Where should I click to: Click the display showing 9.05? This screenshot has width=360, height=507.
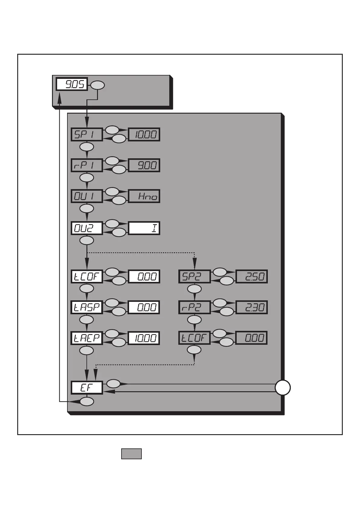coord(72,84)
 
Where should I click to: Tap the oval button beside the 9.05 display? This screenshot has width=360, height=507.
coord(98,86)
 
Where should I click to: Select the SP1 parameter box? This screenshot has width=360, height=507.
coord(87,134)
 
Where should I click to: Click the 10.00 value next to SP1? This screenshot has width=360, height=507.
coord(144,134)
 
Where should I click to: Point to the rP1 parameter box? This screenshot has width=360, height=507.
coord(87,165)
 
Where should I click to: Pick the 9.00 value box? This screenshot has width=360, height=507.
coord(144,165)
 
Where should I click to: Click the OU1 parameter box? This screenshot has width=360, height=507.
coord(87,196)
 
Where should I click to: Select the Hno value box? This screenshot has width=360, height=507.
coord(144,196)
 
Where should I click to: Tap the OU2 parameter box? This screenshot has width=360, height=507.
coord(87,228)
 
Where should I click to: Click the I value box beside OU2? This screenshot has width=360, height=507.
coord(144,228)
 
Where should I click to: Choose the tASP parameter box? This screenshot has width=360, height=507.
coord(87,307)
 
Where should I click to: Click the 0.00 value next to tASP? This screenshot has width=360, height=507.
coord(144,307)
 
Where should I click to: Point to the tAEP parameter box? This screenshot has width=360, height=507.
coord(87,338)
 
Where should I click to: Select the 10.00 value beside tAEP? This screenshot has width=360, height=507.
coord(144,338)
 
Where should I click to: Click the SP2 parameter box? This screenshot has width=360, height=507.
coord(194,276)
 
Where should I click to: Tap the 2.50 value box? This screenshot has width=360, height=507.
coord(251,276)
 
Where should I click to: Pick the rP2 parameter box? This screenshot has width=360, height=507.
coord(194,307)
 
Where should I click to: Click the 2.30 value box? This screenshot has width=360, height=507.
coord(251,307)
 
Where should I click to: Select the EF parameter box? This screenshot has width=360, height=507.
coord(87,388)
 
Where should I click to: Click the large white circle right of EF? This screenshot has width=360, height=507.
coord(283,388)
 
